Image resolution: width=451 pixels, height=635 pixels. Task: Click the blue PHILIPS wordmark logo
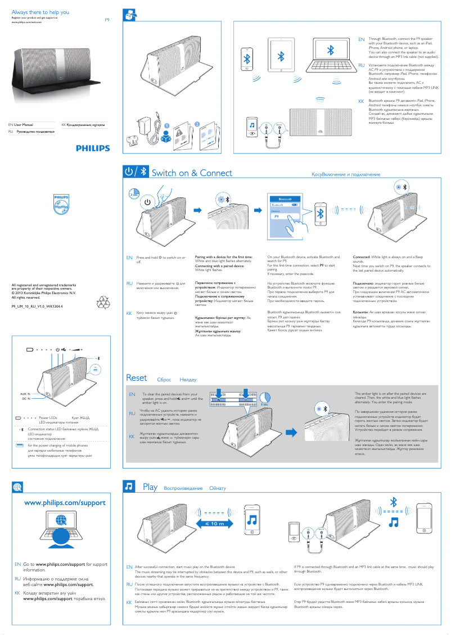(x=94, y=148)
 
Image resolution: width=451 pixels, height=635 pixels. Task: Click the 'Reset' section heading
(x=136, y=379)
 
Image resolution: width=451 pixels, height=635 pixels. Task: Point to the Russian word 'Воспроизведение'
(x=183, y=488)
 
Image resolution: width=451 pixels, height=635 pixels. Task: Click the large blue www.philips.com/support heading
(x=64, y=502)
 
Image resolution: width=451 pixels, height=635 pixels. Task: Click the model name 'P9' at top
(x=108, y=20)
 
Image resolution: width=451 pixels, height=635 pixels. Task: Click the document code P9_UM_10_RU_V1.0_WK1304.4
(x=38, y=307)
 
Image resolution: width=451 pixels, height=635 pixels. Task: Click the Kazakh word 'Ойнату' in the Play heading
(x=218, y=488)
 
